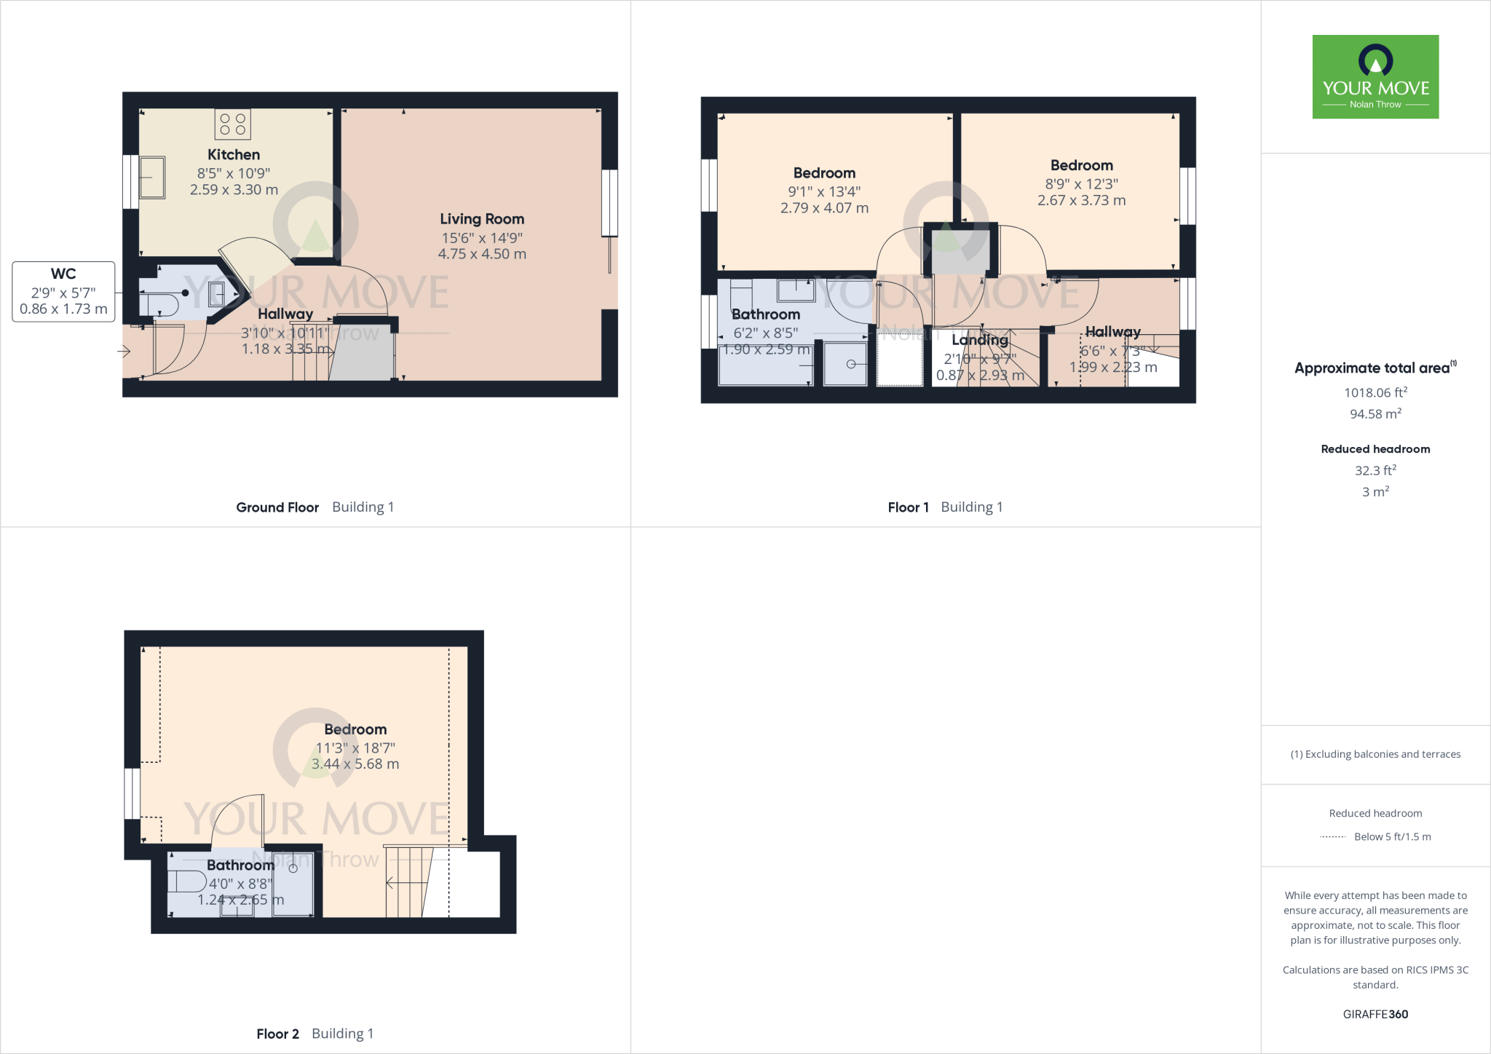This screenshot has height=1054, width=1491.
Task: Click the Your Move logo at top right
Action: [1375, 76]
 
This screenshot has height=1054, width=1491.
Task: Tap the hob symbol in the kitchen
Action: [232, 124]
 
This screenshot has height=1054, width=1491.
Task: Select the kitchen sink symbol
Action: [152, 177]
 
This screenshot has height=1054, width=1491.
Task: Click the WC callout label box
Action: [63, 291]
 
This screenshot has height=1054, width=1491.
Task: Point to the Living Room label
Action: [482, 219]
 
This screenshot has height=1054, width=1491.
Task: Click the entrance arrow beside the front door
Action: [124, 352]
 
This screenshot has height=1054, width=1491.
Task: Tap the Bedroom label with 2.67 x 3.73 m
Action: [1081, 166]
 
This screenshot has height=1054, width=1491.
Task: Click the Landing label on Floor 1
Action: [979, 340]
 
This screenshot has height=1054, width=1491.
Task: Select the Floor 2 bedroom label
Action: [355, 729]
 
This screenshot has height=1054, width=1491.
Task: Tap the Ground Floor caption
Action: [277, 507]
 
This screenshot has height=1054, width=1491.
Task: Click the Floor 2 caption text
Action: [277, 1034]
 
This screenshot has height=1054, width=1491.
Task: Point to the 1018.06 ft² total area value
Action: [1375, 392]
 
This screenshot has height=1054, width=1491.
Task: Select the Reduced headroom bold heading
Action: [1375, 449]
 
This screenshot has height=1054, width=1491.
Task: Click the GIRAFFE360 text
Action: [1375, 1014]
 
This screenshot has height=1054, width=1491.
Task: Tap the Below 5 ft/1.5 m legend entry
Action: [1391, 836]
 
